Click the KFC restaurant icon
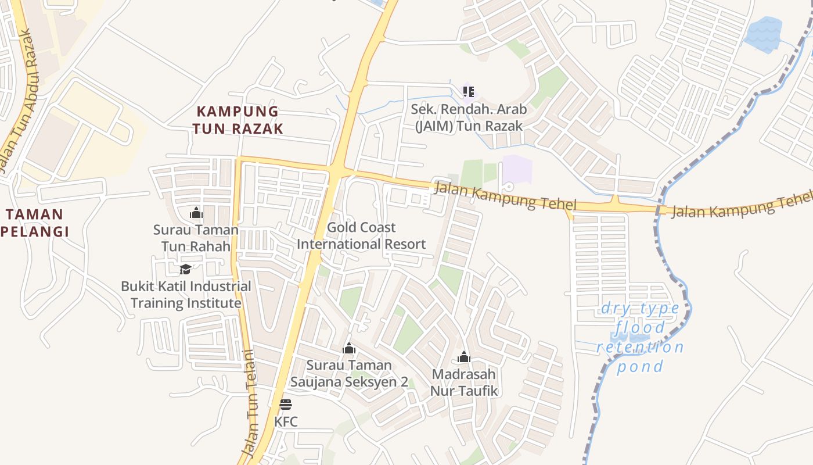tap(285, 404)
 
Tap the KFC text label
tap(286, 421)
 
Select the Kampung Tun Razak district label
tap(238, 120)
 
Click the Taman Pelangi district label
tap(35, 223)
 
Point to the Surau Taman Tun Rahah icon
tap(196, 213)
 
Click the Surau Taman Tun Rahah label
tap(196, 238)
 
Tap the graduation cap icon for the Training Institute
tap(185, 269)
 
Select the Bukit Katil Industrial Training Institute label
tap(186, 295)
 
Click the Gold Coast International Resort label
tap(361, 235)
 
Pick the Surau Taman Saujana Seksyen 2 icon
tap(349, 348)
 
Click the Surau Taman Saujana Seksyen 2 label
tap(349, 373)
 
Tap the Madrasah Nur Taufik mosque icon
tap(463, 357)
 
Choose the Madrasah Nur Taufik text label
tap(463, 382)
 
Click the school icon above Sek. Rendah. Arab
tap(469, 91)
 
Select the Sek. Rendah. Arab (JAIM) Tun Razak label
tap(469, 117)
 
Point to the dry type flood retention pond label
tap(640, 337)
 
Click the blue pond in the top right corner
tap(763, 34)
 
